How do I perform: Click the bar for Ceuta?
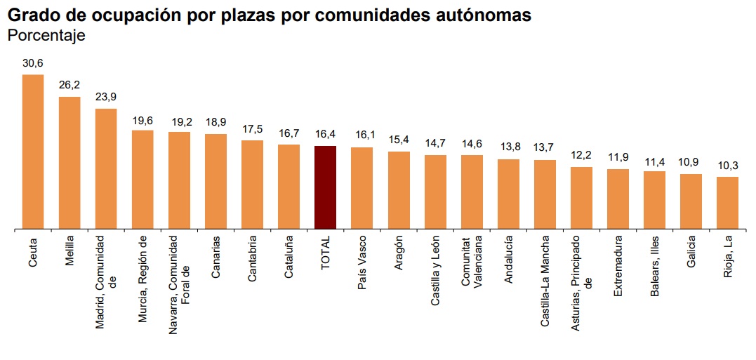click(x=33, y=152)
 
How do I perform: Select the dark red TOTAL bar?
click(x=326, y=187)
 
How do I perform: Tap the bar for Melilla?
click(x=69, y=163)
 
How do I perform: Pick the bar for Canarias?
click(x=215, y=181)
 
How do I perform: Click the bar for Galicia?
click(x=691, y=201)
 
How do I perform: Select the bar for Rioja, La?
click(x=727, y=203)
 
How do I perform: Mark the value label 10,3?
click(x=727, y=166)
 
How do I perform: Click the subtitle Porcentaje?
click(x=46, y=36)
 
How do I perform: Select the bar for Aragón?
click(x=399, y=190)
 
